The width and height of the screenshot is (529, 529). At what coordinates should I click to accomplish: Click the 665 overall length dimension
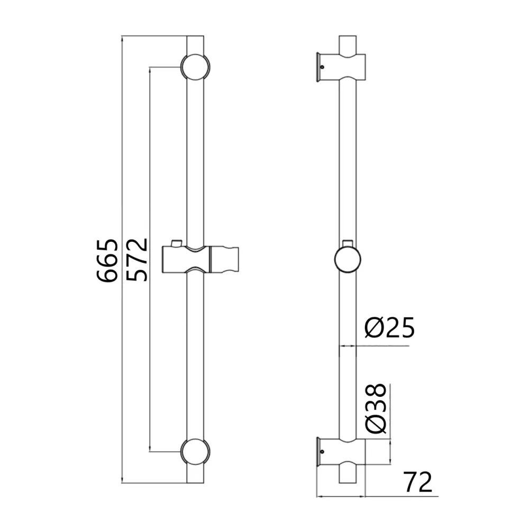107,260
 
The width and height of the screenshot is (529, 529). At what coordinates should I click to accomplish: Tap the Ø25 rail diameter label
390,327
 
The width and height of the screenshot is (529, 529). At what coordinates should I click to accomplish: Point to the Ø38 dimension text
375,408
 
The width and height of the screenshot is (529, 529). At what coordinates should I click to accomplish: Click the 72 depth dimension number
418,482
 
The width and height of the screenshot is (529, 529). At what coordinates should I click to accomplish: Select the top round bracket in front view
195,67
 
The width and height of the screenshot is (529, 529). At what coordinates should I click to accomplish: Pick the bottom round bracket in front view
195,452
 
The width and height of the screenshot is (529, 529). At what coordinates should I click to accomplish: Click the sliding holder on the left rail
200,259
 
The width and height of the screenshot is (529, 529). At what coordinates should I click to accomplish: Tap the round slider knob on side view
348,259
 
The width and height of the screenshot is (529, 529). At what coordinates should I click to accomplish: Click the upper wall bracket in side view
341,67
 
